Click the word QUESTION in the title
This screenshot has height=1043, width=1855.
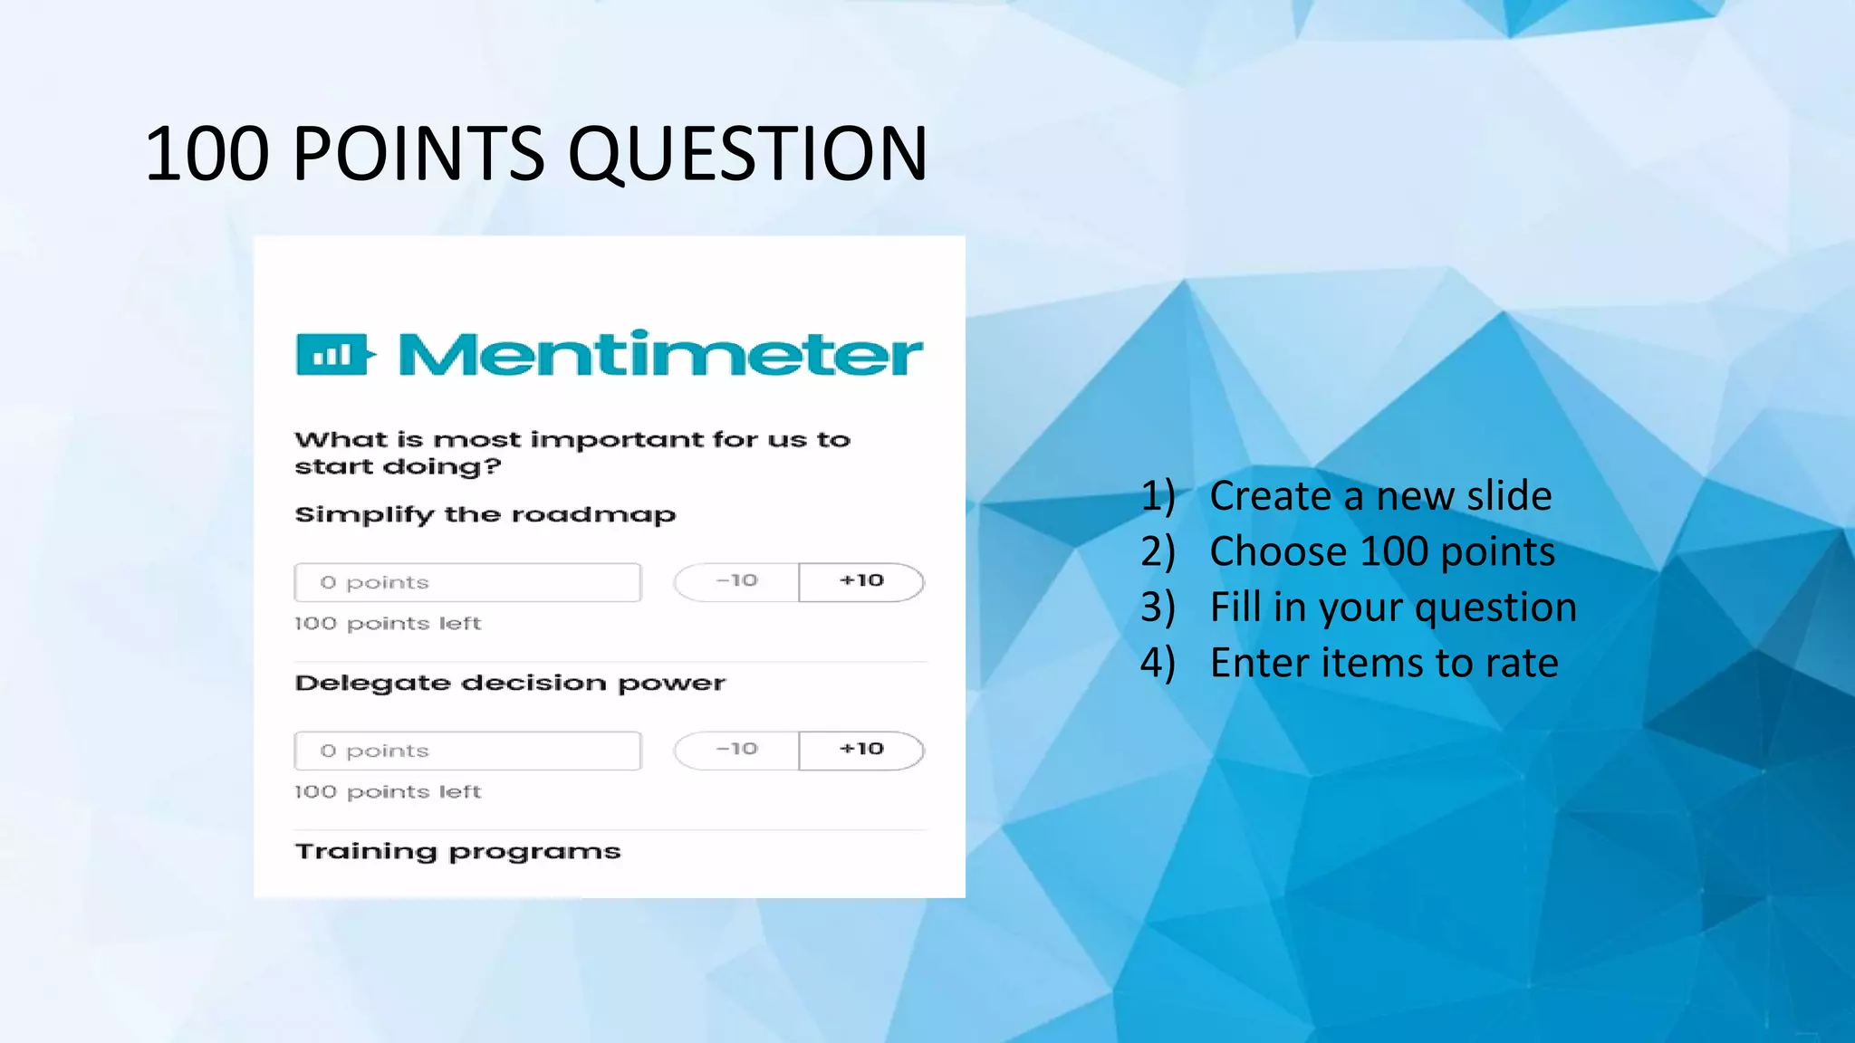[747, 153]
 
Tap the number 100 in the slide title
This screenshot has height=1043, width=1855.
[207, 153]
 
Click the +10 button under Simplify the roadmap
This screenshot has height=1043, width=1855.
[861, 581]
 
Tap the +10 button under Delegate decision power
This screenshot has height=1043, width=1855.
[861, 750]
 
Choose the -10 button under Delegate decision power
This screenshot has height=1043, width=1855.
[736, 750]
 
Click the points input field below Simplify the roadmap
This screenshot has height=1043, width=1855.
[467, 582]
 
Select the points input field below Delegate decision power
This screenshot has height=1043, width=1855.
[467, 751]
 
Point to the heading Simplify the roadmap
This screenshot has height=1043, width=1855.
[485, 515]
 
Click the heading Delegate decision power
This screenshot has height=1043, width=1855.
[510, 684]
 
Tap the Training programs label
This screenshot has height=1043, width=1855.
[457, 852]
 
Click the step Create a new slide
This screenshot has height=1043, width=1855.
[1380, 496]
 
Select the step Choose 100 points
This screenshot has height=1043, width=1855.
[1382, 551]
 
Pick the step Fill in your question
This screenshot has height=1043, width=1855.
[1393, 608]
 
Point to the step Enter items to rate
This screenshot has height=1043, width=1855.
[1384, 663]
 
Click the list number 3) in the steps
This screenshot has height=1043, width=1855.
[1158, 608]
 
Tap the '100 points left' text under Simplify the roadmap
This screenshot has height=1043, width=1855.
[388, 624]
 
